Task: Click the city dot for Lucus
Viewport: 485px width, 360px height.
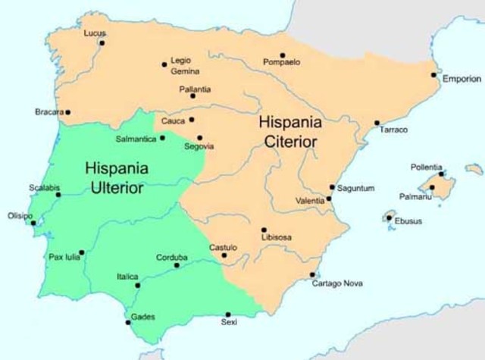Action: (102, 43)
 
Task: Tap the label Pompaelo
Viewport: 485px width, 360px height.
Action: (281, 62)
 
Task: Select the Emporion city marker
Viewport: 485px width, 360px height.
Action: (433, 74)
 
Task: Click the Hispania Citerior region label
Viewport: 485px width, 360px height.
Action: (290, 130)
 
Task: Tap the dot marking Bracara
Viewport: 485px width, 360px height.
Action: (67, 112)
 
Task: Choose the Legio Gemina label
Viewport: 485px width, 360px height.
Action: (186, 66)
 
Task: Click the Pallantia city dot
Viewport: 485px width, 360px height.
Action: (192, 96)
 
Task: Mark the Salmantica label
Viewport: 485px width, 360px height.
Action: (136, 139)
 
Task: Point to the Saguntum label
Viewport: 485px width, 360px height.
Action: (356, 188)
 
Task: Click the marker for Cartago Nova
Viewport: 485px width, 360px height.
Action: (312, 274)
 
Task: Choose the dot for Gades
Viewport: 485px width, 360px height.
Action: (128, 323)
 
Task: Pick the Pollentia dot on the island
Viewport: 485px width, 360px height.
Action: (441, 174)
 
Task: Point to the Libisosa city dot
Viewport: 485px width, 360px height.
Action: (264, 230)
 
